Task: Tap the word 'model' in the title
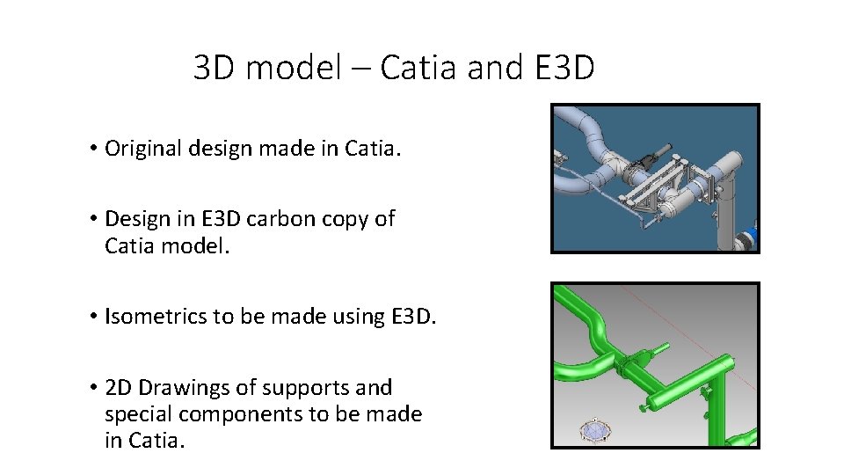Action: (293, 68)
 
